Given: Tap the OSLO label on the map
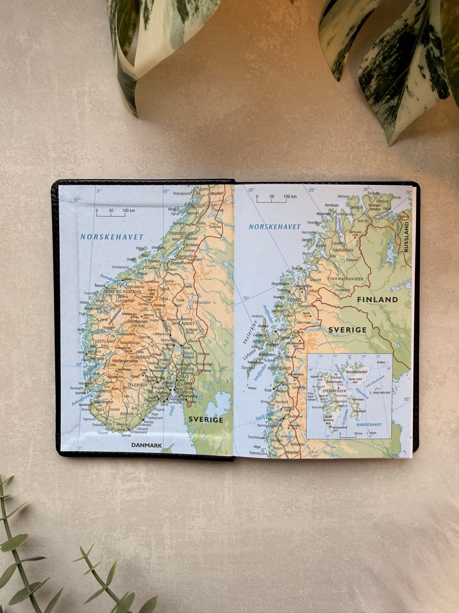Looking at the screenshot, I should (183, 376).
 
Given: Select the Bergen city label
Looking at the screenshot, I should (97, 358).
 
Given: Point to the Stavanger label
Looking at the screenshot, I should (103, 402).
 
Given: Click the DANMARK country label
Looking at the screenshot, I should (146, 445).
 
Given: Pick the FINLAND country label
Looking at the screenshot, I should (377, 299).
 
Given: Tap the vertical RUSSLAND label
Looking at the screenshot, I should (407, 237).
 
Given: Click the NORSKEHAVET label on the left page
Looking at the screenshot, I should (112, 237).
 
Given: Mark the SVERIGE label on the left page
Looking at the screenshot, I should (206, 420).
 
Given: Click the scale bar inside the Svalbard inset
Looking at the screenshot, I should (348, 436).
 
